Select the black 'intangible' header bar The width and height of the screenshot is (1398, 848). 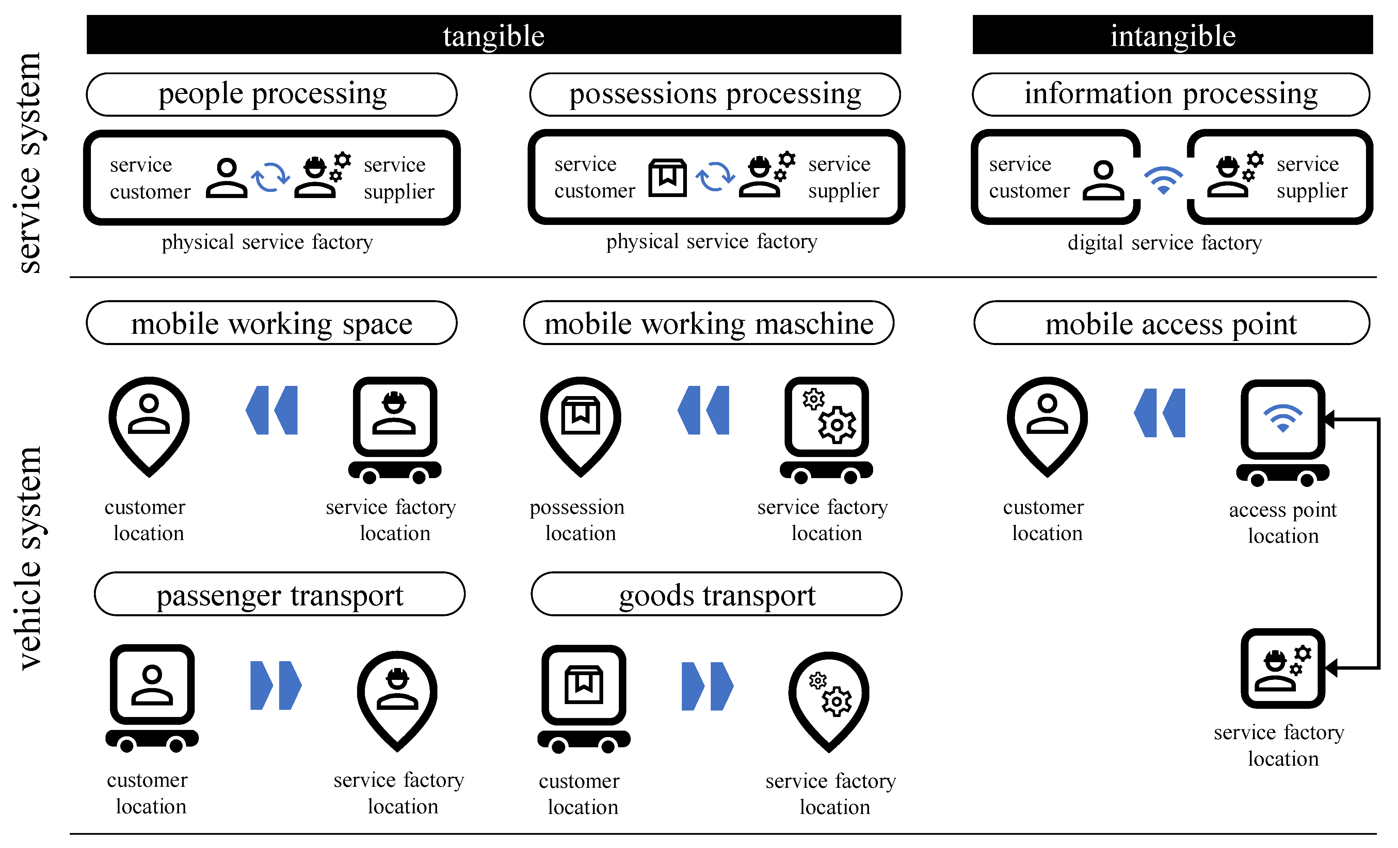click(x=1172, y=35)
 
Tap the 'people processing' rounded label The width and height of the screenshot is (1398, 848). click(x=272, y=94)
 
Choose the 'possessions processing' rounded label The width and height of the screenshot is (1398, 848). click(x=714, y=94)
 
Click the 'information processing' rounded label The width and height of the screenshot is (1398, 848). click(x=1171, y=94)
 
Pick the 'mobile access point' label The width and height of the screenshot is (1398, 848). click(x=1171, y=323)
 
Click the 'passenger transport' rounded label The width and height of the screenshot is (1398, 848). click(x=280, y=594)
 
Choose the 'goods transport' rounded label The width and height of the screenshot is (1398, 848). click(x=716, y=594)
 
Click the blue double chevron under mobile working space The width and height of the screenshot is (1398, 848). click(x=272, y=410)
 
